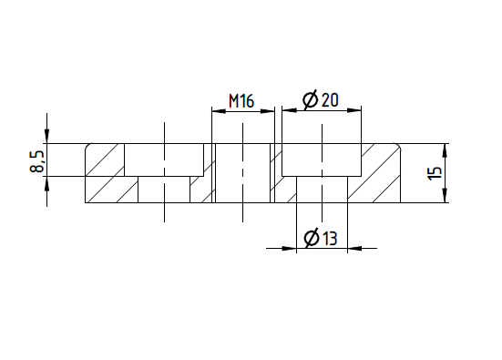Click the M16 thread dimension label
pos(241,101)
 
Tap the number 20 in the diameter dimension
pos(330,100)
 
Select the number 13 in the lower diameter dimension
pos(330,238)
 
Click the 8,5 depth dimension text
pos(36,161)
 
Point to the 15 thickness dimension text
pos(435,173)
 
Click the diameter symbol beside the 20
pos(311,99)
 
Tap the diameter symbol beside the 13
pos(312,238)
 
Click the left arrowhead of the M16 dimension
pos(219,111)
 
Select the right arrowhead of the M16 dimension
pos(268,111)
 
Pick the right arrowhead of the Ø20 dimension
pos(354,110)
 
